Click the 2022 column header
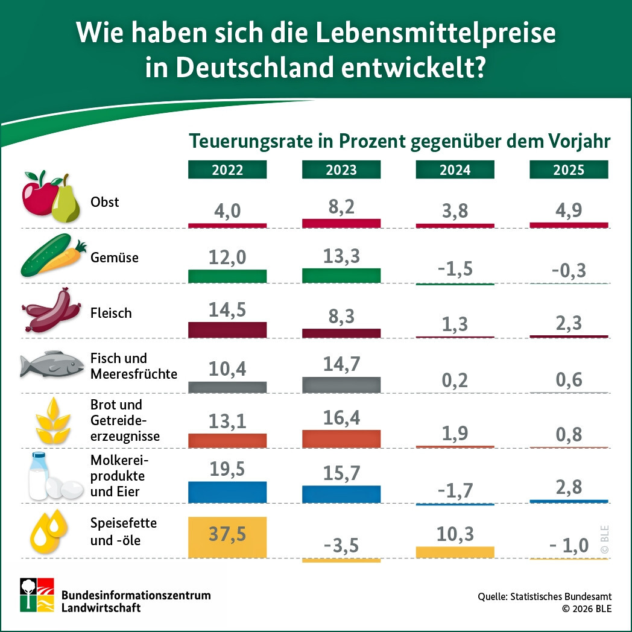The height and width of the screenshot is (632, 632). tap(227, 170)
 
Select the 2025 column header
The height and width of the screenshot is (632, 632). tap(569, 170)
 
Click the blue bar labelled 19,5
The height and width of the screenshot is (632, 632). tap(227, 492)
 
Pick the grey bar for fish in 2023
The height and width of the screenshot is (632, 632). tap(341, 385)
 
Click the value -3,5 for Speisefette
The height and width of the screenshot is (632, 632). tap(341, 546)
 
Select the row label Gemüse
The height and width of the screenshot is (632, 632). tap(115, 258)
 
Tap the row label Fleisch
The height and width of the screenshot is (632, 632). tap(111, 313)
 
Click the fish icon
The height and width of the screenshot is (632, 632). tap(49, 364)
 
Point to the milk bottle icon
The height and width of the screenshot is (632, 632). tap(39, 476)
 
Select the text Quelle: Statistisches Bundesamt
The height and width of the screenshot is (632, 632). tap(545, 596)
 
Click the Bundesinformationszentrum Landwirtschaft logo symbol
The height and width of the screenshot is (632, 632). tap(37, 595)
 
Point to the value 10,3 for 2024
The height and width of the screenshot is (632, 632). tap(455, 534)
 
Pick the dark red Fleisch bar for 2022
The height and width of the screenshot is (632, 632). tap(227, 330)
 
